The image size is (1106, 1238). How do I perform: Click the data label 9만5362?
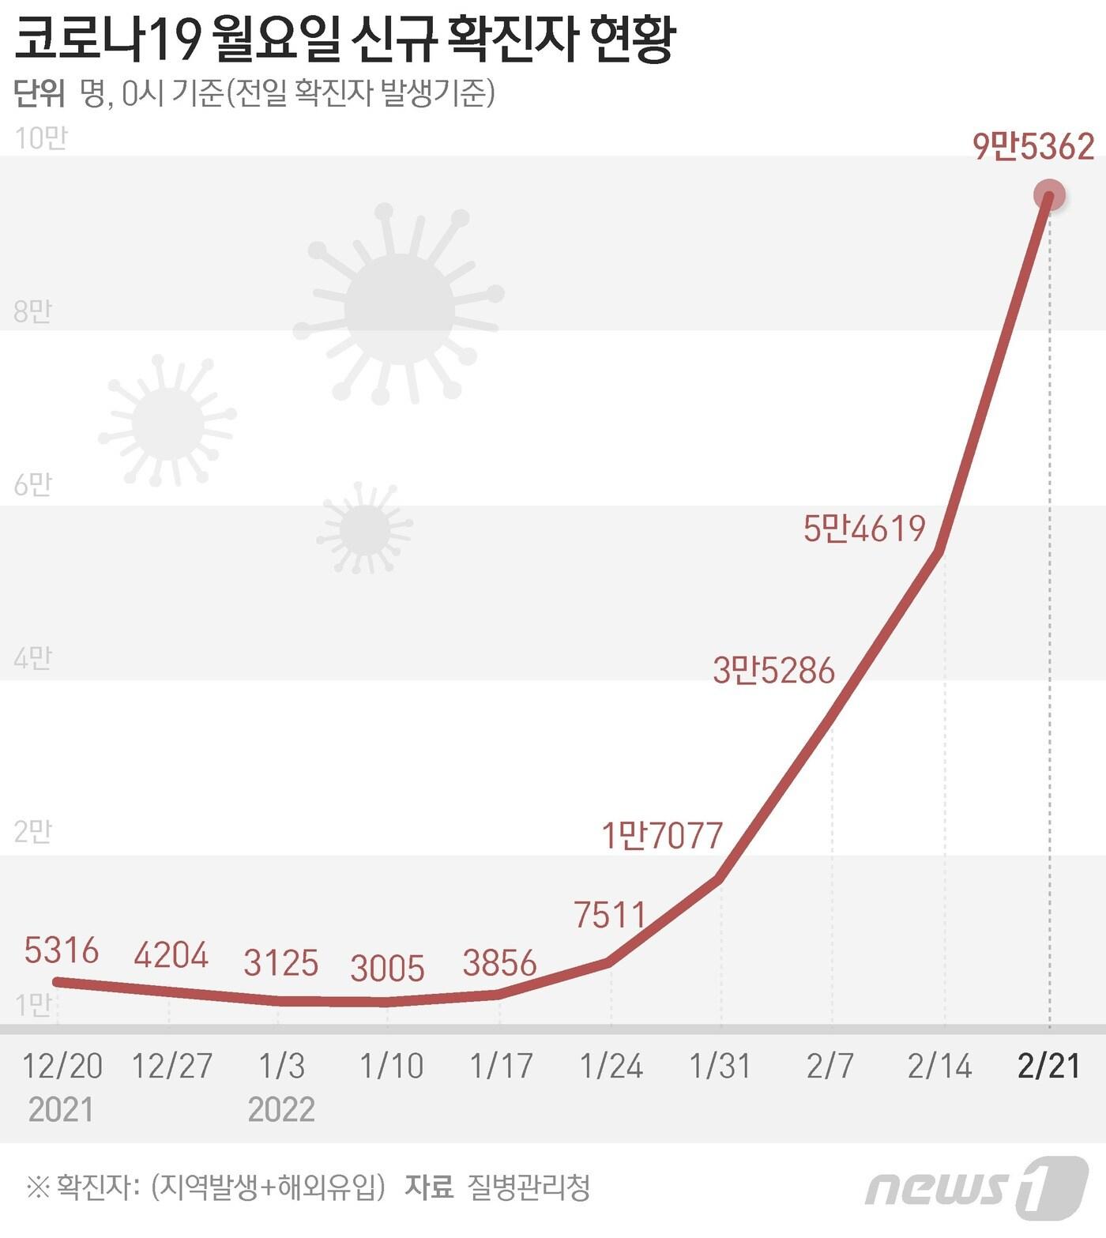(1033, 147)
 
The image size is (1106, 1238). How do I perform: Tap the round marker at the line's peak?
(1050, 194)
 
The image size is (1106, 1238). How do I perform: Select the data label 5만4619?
(864, 529)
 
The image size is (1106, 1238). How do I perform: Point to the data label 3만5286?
(773, 671)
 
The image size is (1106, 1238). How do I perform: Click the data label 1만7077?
(662, 835)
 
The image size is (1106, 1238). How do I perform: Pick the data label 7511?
(610, 915)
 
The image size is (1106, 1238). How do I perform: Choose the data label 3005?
(387, 969)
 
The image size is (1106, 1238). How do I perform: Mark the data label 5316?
(62, 950)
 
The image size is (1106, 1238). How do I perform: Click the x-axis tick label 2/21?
(1048, 1066)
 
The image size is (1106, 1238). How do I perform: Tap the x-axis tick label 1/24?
(611, 1066)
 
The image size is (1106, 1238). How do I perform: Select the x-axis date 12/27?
(171, 1066)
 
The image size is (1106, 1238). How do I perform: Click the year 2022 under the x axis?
(281, 1109)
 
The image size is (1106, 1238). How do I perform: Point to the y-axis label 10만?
(41, 138)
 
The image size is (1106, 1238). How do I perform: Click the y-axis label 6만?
(32, 484)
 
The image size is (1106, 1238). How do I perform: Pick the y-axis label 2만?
(32, 831)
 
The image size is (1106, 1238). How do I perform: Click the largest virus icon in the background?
(399, 308)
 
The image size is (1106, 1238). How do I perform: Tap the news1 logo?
(976, 1187)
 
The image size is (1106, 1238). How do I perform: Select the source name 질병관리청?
(529, 1187)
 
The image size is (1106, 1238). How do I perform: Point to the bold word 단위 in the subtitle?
(39, 94)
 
